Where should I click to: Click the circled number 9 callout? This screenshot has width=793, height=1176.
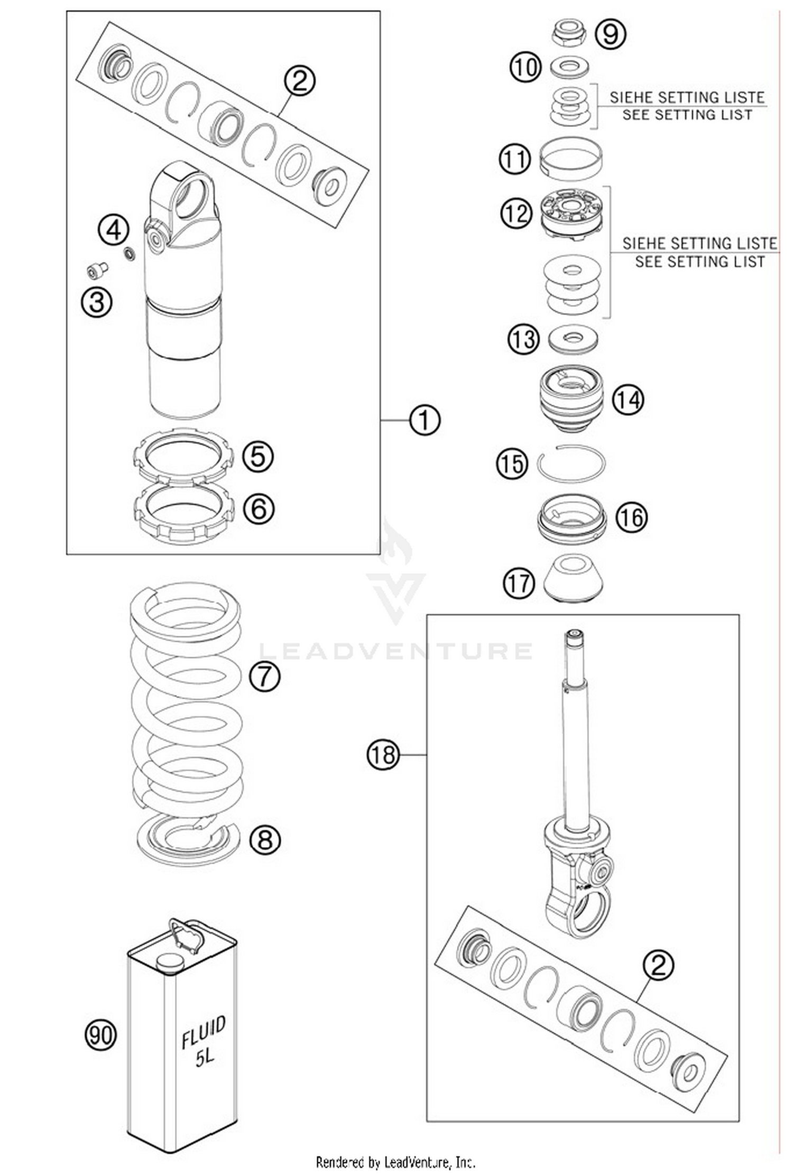point(611,34)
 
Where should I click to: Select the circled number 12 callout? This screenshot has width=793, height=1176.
point(516,213)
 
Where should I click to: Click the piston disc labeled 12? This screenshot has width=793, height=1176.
point(571,214)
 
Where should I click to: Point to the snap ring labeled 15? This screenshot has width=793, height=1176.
point(571,464)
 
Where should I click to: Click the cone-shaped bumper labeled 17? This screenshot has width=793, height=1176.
point(574,579)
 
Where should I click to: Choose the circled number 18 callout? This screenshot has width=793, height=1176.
point(383,754)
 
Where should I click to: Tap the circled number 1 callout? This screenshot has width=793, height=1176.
point(425,420)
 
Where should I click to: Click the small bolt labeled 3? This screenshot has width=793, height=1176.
point(97,270)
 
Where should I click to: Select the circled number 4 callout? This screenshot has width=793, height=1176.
point(114,231)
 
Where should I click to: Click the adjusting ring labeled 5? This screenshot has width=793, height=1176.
point(182,456)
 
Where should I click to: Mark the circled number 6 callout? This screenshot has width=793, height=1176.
point(259,508)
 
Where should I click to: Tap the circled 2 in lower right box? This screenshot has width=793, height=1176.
point(658,966)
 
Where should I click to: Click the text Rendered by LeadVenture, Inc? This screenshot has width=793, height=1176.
point(395,1162)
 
